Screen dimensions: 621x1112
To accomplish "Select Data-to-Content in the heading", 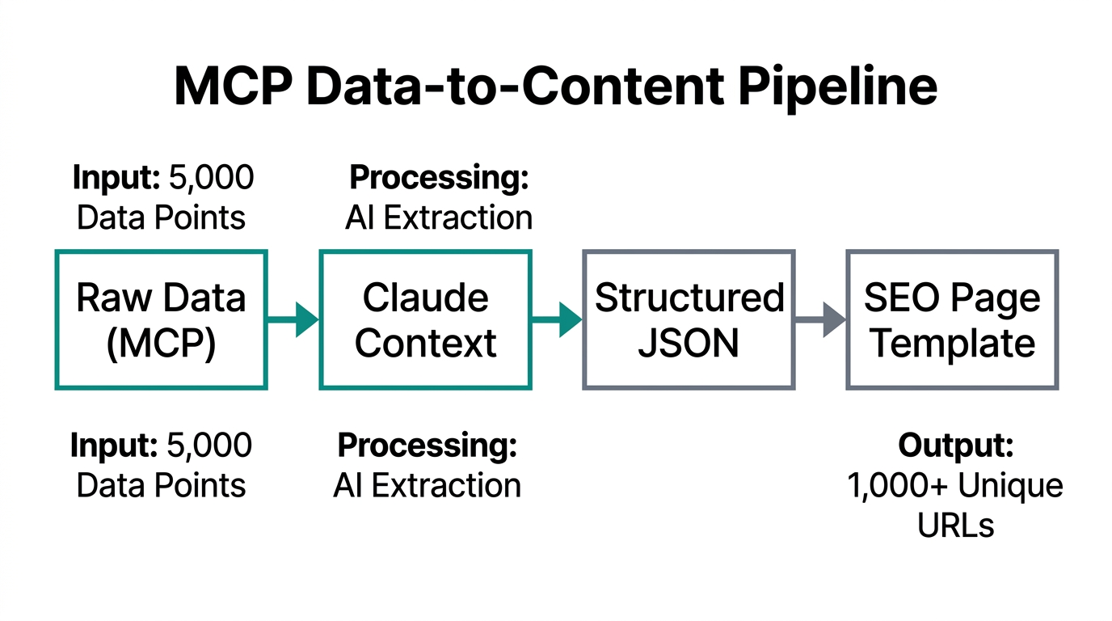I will click(x=505, y=87).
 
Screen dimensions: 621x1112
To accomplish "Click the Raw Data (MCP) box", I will click(x=161, y=320).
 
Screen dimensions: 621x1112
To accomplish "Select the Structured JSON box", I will click(x=689, y=320).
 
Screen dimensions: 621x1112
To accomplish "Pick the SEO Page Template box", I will click(x=952, y=320).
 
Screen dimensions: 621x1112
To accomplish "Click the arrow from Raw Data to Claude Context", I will click(x=293, y=319).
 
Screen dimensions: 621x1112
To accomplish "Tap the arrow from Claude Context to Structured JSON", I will click(x=557, y=319).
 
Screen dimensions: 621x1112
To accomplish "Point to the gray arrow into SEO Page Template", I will click(x=820, y=319).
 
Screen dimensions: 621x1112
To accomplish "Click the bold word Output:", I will click(x=955, y=446).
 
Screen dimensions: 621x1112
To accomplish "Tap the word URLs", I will click(x=955, y=526).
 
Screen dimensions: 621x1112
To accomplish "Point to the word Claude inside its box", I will click(x=425, y=298).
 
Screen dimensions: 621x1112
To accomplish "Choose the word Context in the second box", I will click(x=425, y=343).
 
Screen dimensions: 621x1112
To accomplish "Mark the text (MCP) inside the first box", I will click(x=161, y=343).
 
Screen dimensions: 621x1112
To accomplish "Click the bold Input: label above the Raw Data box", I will click(x=116, y=178).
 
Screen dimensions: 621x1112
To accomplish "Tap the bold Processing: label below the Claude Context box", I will click(x=426, y=446).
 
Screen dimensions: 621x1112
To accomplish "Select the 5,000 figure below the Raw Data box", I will click(x=208, y=446).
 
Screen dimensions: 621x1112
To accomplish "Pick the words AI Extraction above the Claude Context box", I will click(x=438, y=218).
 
